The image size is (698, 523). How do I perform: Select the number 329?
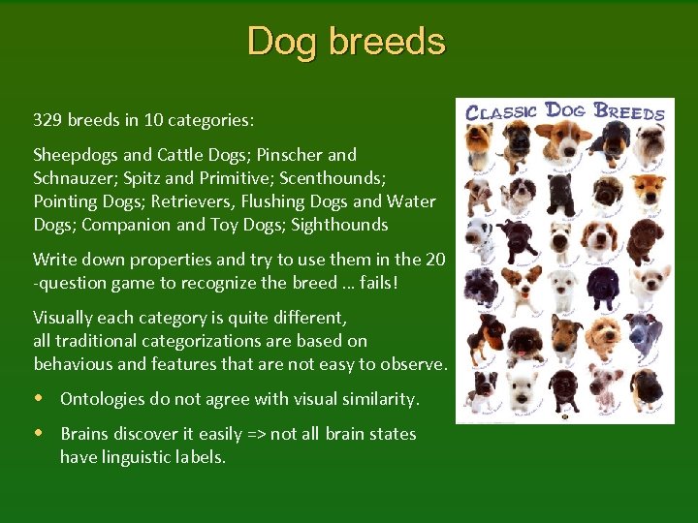coord(48,120)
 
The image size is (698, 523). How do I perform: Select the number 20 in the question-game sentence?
coord(435,260)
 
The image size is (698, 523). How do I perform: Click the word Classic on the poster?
coord(501,110)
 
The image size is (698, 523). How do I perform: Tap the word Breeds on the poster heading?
coord(629,110)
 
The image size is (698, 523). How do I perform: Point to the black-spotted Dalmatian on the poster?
coord(479,232)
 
